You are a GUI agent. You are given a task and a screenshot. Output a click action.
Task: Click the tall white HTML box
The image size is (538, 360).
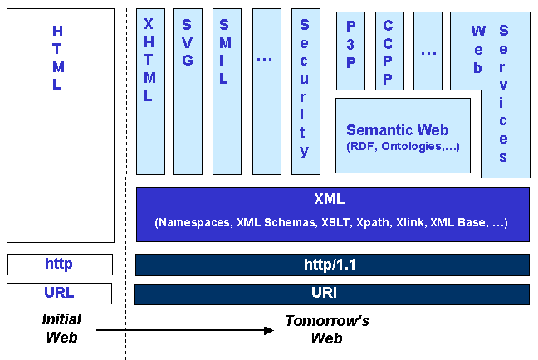(x=60, y=124)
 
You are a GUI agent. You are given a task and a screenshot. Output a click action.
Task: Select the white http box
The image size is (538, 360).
(x=60, y=265)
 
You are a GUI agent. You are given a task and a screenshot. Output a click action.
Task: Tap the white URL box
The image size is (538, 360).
(x=60, y=293)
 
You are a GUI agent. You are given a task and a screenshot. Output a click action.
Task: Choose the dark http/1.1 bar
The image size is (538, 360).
(x=332, y=265)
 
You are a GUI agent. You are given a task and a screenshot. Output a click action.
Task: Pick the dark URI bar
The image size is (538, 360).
(x=332, y=294)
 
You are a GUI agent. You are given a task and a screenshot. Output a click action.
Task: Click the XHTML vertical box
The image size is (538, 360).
(x=150, y=91)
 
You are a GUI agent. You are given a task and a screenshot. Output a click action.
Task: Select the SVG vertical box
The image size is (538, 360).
(x=187, y=91)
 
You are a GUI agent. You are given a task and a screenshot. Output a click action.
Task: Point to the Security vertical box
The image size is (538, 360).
(x=305, y=91)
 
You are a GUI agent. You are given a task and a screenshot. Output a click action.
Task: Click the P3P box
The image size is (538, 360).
(x=350, y=50)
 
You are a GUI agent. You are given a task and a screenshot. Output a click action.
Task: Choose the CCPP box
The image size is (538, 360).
(x=389, y=50)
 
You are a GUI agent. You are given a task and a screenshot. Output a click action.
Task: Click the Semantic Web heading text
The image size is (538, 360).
(x=397, y=130)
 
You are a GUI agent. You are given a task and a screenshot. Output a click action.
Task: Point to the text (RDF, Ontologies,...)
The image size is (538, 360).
(x=403, y=147)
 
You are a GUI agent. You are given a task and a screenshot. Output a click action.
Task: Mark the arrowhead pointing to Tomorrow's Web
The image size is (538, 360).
(x=268, y=330)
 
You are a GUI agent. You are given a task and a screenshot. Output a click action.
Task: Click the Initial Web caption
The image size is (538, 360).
(x=61, y=328)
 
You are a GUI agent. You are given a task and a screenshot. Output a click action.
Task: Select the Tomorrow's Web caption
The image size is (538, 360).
(x=326, y=329)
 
